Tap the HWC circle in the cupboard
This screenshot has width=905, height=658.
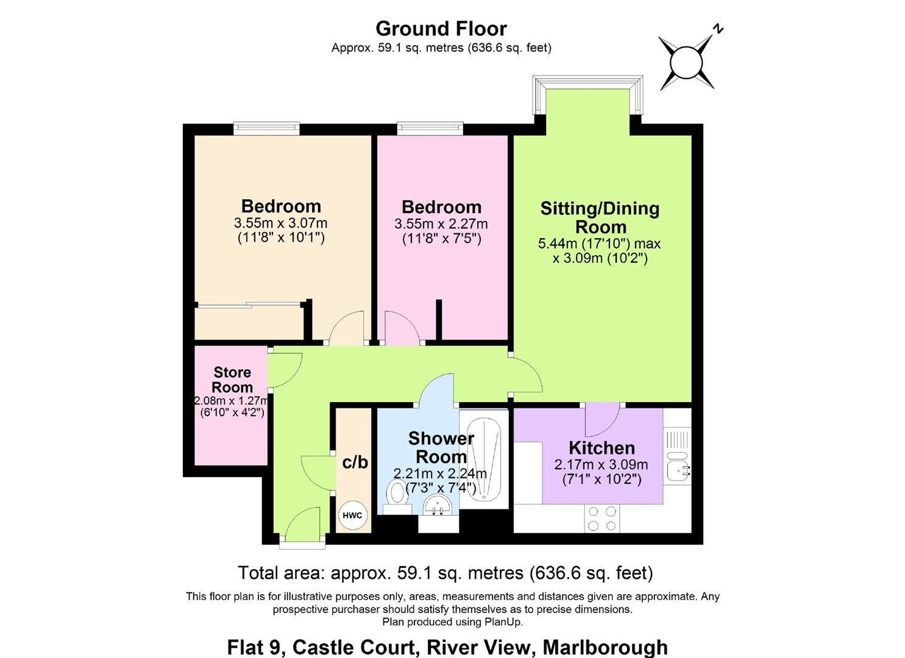coord(352,515)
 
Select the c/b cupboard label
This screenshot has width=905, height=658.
coord(355,462)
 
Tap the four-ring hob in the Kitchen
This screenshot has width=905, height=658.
coord(602,518)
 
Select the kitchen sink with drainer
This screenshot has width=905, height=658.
coord(677,458)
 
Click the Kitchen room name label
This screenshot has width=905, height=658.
coord(602,448)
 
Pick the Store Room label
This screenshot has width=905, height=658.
coord(232,380)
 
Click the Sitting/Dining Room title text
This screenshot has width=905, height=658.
coord(600,218)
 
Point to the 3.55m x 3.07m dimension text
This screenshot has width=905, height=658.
coord(280,223)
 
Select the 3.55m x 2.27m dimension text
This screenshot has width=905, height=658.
coord(441,224)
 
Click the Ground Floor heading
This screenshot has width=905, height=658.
coord(441,29)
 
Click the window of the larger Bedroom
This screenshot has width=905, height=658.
coord(266,128)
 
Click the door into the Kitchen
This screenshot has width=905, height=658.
coord(602,417)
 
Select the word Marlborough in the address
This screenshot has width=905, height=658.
coord(605,646)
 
